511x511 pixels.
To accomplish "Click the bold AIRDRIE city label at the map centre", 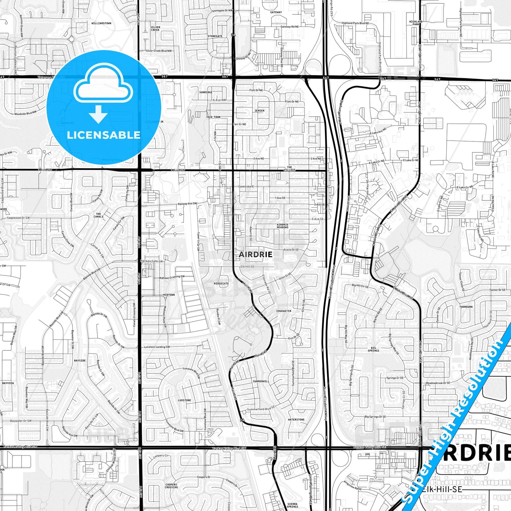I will point(255,254).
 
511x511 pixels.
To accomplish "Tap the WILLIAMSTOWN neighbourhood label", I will point(101,23).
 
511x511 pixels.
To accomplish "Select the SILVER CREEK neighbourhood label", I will point(155,28).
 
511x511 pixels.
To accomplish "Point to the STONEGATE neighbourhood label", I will point(215,36).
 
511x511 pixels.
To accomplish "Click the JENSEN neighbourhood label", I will point(259,111).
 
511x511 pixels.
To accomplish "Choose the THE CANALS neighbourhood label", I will point(99,215).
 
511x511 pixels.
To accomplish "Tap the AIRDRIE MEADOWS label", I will point(283,226).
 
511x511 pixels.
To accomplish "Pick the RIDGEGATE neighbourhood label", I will point(221,283).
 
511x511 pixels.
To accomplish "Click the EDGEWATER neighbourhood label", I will point(284,311).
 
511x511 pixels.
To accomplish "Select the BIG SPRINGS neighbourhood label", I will point(373,349).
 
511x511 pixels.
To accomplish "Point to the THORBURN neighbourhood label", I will point(466,307).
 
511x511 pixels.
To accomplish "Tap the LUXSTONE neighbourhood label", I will point(184,400).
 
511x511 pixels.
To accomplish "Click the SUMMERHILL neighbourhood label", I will point(261,381).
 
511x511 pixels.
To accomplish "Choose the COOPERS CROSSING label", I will point(171,486).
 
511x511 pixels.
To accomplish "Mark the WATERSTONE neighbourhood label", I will point(296,420).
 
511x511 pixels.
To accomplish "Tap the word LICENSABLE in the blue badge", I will point(104,135).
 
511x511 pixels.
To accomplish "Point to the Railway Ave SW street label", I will point(187,204).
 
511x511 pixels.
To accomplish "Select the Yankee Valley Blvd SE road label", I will point(369,447).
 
